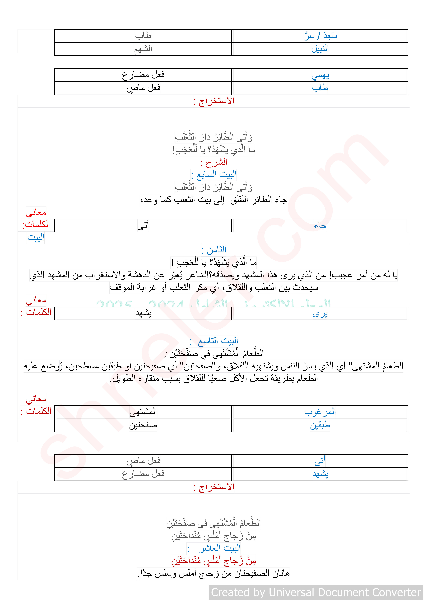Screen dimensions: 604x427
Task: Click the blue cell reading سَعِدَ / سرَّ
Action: [320, 36]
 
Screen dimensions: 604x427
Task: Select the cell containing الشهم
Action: [143, 49]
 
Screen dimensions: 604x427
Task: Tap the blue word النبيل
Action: [320, 49]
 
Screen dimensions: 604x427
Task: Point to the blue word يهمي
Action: [320, 75]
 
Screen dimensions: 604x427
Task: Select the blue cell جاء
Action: [320, 225]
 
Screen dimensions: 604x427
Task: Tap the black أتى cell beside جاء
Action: [143, 225]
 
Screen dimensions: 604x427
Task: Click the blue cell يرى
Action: [320, 314]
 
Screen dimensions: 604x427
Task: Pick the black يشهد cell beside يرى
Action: [143, 314]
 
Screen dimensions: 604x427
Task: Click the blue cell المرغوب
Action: [320, 412]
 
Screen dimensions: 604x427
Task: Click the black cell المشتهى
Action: [143, 412]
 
